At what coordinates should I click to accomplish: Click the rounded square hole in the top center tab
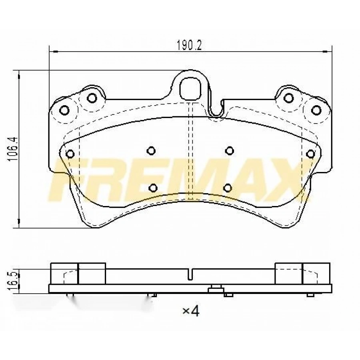190,88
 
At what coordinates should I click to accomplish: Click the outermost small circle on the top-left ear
64,110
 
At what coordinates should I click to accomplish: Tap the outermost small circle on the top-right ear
317,110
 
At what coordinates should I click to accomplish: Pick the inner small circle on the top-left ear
92,97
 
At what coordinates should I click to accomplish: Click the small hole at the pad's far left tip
70,154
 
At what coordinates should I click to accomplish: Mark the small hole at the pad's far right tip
310,154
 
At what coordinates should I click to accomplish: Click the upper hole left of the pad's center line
151,150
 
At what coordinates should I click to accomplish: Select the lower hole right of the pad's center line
228,187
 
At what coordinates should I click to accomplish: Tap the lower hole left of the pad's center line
153,187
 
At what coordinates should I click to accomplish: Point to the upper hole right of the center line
229,150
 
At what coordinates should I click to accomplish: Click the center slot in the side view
191,275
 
